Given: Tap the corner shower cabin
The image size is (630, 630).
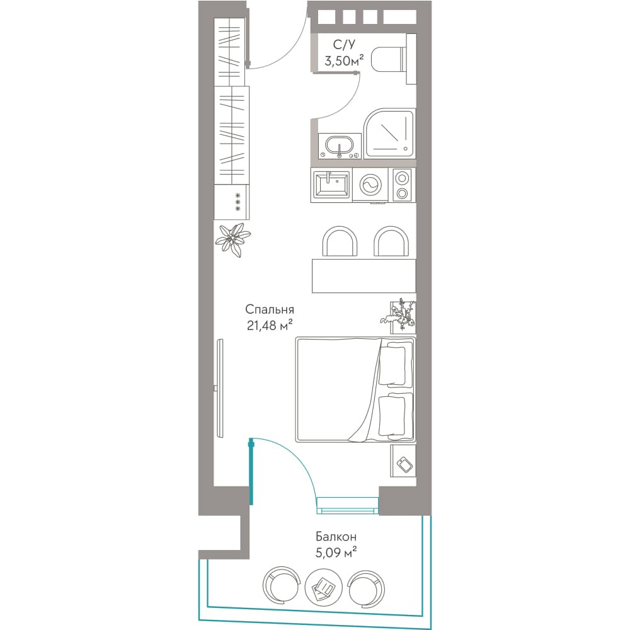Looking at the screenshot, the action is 389,134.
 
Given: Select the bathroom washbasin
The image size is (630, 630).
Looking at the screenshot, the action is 340,146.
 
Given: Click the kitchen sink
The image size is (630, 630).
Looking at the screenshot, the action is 331,185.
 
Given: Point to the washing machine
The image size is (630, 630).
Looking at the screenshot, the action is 370,185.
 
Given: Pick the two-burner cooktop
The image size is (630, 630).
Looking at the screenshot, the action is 402,185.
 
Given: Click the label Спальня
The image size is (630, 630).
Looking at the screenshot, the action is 270,309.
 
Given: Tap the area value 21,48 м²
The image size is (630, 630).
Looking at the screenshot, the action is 270,325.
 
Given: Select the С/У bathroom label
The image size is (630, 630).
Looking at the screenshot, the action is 344,45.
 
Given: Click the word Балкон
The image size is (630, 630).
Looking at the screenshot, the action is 336,536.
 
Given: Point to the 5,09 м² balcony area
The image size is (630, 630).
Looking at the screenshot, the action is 336,553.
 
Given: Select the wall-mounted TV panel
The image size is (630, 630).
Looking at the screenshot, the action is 219,388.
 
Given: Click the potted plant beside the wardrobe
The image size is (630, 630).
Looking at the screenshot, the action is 233,240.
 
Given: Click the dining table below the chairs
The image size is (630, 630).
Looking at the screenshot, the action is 364,276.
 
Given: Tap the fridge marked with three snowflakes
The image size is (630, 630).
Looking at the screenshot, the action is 231,202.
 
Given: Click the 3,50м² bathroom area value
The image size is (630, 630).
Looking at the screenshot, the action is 345,60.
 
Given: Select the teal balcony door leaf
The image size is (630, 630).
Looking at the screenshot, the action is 251,472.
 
